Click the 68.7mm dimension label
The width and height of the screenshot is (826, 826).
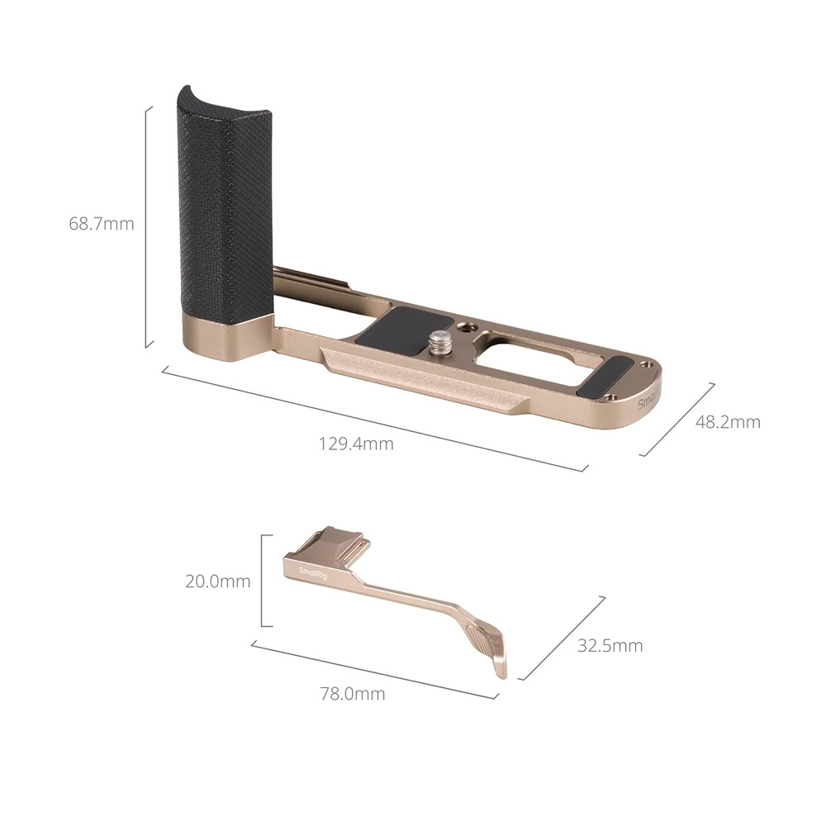pos(102,224)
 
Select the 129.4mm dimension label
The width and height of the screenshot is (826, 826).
pos(356,444)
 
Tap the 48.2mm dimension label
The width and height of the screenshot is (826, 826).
pos(728,422)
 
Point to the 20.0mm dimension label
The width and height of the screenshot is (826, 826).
pos(217,582)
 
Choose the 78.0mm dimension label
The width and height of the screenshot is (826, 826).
pos(353,694)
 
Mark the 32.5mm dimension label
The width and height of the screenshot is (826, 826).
pos(610,646)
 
